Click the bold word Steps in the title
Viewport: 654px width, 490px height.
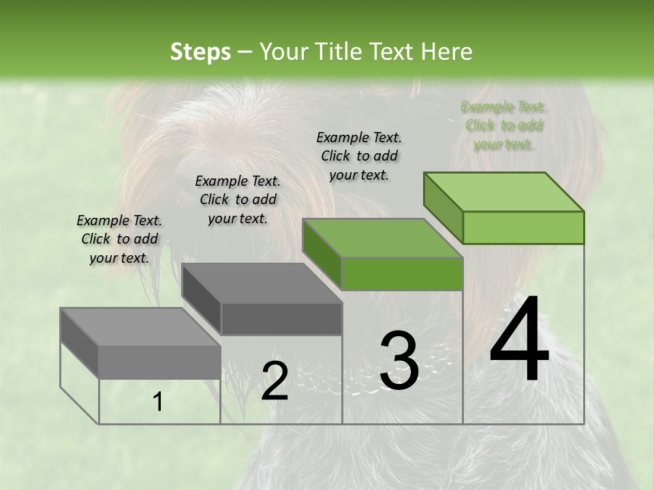[200, 52]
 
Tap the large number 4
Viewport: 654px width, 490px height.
[519, 340]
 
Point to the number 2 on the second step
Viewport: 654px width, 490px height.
[275, 381]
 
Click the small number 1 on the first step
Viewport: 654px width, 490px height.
[158, 402]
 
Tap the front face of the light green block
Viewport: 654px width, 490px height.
[523, 227]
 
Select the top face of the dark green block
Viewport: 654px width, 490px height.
[381, 238]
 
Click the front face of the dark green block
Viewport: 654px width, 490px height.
[402, 274]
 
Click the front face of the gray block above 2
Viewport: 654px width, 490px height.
[281, 318]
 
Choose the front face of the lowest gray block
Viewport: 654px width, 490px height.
[159, 361]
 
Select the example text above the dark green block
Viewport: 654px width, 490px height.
[359, 156]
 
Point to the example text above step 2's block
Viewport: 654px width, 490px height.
[237, 199]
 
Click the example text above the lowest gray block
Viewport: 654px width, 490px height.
[119, 239]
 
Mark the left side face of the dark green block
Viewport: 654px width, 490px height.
[322, 253]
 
